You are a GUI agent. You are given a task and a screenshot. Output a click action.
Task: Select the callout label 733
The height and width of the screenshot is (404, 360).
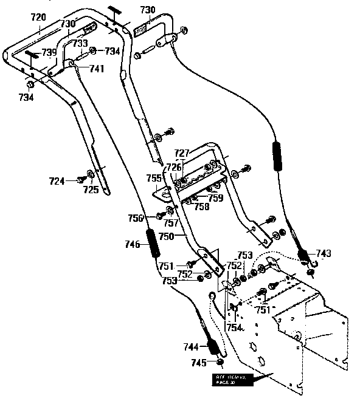[80, 44]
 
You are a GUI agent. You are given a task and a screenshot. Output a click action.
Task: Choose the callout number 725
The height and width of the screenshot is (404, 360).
[91, 191]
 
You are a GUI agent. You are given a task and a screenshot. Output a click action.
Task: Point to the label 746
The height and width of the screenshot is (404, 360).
[133, 244]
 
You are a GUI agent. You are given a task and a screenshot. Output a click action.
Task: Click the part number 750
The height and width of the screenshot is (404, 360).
[166, 235]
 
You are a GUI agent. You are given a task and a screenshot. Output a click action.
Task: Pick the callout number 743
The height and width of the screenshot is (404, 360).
[324, 253]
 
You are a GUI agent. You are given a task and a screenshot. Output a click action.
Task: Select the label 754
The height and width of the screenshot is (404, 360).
[235, 327]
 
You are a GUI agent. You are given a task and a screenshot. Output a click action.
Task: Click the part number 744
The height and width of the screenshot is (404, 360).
[191, 347]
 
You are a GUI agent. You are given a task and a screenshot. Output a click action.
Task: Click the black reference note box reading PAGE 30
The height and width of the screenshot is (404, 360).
[232, 380]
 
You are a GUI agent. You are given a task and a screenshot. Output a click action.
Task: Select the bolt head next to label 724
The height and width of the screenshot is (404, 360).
[80, 179]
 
